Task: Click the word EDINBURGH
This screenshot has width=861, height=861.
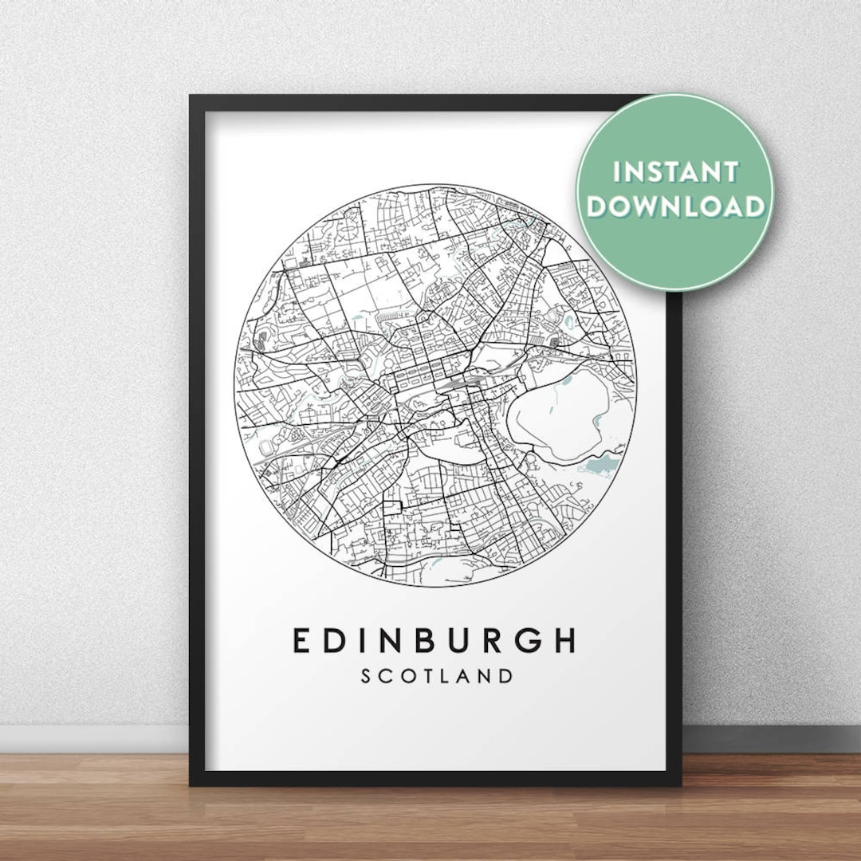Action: click(x=434, y=641)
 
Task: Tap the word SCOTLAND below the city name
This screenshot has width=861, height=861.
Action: click(x=437, y=676)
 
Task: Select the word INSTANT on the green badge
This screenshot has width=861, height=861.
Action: click(x=674, y=171)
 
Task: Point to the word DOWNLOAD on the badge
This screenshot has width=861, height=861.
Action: click(x=676, y=206)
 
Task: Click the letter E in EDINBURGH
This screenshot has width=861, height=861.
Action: click(x=302, y=641)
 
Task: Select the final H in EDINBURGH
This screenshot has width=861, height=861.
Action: click(x=563, y=641)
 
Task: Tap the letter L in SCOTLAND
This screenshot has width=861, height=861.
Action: click(x=446, y=676)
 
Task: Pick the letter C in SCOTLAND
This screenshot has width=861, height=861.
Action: click(x=385, y=676)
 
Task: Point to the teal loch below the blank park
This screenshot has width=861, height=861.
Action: click(x=603, y=463)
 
